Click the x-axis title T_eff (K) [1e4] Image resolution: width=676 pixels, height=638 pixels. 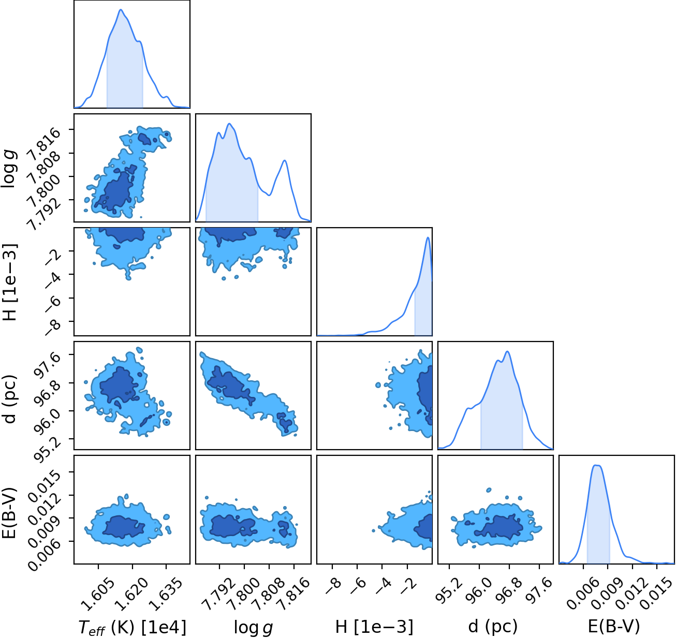coord(133,628)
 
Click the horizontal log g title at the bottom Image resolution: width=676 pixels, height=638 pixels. coord(253,627)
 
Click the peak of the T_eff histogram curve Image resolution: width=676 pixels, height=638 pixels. coord(121,9)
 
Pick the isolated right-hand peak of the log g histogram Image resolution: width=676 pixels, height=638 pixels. coord(285,160)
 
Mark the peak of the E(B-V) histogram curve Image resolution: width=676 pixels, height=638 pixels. coord(598,465)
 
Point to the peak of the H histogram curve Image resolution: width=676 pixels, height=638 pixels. coord(428,237)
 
